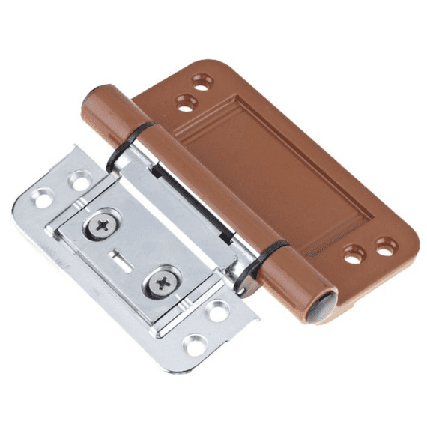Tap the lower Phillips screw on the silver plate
tap(162, 283)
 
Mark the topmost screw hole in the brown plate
tap(202, 79)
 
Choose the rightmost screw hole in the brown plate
tap(386, 244)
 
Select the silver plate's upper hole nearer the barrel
tap(80, 180)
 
